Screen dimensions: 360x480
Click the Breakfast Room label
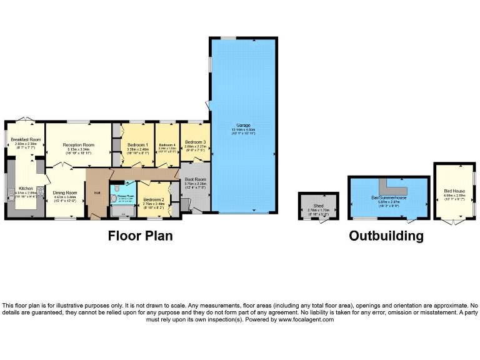tap(26, 139)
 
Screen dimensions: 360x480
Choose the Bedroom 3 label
tap(195, 142)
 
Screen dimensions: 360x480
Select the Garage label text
tap(243, 126)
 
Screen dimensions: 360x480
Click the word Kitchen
tap(26, 187)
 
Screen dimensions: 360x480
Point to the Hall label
tap(97, 192)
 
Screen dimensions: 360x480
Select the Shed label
tap(318, 205)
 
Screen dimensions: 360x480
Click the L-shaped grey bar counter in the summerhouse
tap(395, 187)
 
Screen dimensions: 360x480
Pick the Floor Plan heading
tap(140, 236)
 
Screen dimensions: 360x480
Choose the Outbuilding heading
tap(386, 236)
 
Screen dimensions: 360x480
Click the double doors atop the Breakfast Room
tap(24, 119)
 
